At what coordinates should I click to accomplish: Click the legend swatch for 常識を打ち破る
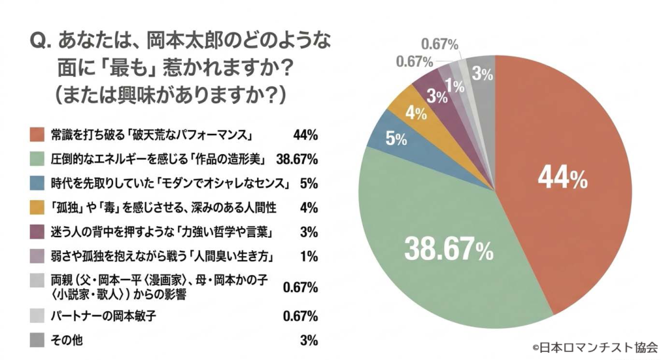tap(38, 135)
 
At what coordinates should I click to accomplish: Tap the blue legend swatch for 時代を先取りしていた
tap(38, 183)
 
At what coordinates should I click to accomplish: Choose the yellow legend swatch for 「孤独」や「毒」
tap(38, 207)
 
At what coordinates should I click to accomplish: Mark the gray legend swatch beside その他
tap(38, 339)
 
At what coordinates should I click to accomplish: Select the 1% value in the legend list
tap(309, 255)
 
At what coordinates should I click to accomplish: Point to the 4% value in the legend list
tap(308, 207)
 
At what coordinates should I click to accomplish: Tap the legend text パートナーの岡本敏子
tap(103, 316)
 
